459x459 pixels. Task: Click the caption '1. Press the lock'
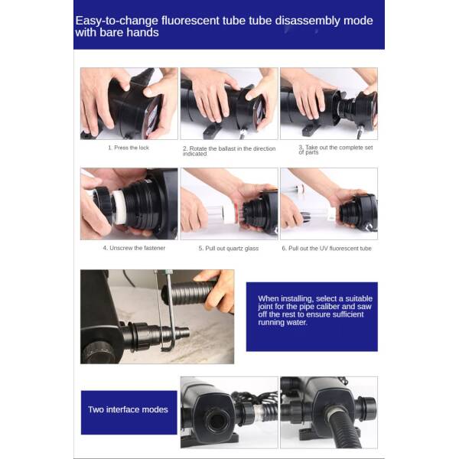point(129,148)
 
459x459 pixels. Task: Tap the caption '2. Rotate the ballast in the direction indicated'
point(229,151)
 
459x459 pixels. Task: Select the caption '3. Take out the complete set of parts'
point(336,150)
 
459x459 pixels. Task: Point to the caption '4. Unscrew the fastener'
point(134,248)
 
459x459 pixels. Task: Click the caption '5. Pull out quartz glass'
point(229,248)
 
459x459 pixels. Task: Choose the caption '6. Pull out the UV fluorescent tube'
point(327,248)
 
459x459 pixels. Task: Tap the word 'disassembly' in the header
point(308,21)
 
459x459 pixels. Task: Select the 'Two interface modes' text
point(128,409)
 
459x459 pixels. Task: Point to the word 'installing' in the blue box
point(295,299)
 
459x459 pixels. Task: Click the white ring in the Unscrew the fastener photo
point(119,207)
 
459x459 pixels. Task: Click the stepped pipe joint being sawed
point(158,334)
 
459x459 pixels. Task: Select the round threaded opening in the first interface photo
point(216,421)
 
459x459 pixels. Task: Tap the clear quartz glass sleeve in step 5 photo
point(216,213)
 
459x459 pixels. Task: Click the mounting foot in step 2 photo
point(211,131)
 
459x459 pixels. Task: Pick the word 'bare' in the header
point(112,32)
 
